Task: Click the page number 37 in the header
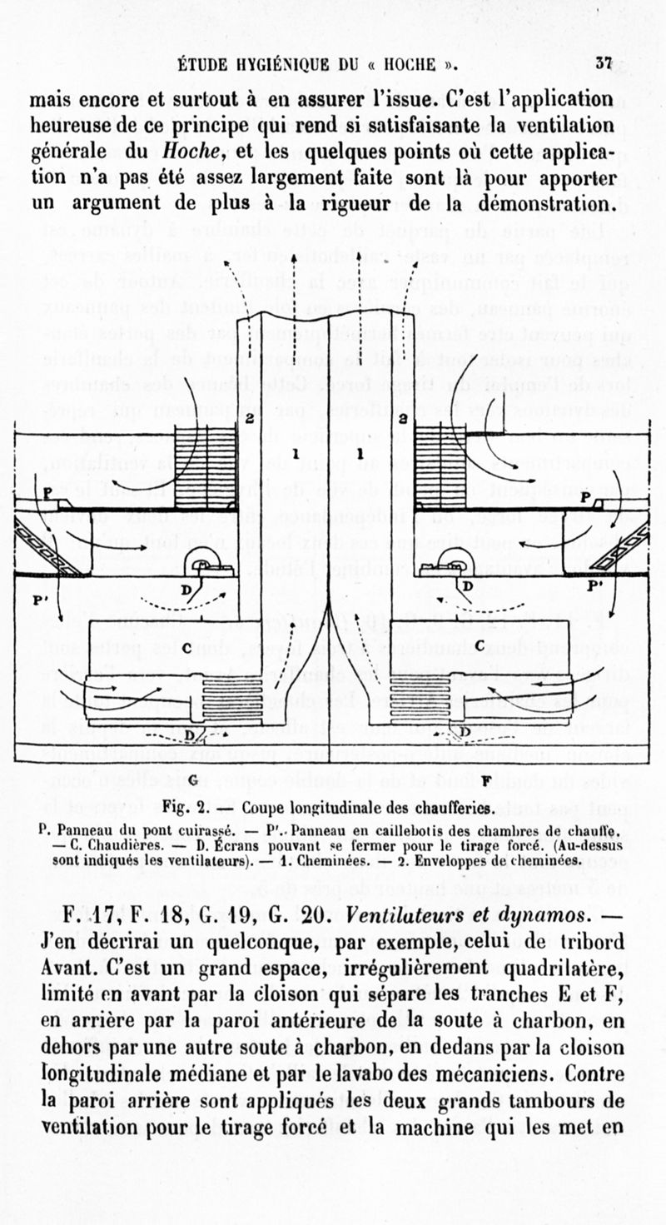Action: (x=604, y=65)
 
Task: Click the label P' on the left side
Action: (x=39, y=600)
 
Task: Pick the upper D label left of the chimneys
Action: (x=189, y=589)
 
